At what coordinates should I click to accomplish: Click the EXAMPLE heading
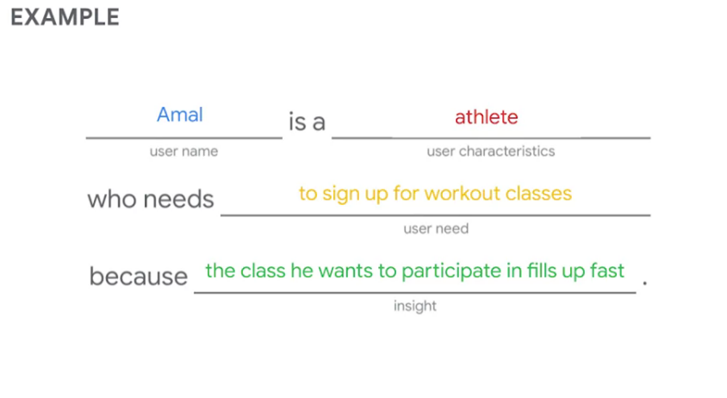click(65, 17)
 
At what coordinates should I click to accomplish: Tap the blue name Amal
click(180, 115)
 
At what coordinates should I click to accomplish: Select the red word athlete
click(487, 117)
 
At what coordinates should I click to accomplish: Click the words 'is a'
click(307, 122)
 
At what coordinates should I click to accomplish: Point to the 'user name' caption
click(183, 152)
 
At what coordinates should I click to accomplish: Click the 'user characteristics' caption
click(490, 152)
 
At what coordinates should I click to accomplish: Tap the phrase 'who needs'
click(151, 200)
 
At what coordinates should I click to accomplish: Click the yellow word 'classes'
click(538, 194)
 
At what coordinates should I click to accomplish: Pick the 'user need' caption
click(436, 228)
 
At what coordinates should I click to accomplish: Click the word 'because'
click(138, 277)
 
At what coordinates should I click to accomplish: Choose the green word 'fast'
click(607, 271)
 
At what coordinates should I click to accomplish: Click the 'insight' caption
click(415, 306)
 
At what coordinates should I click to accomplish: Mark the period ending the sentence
click(645, 283)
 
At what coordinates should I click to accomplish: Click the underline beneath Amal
click(184, 138)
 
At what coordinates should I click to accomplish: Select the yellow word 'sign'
click(341, 194)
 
